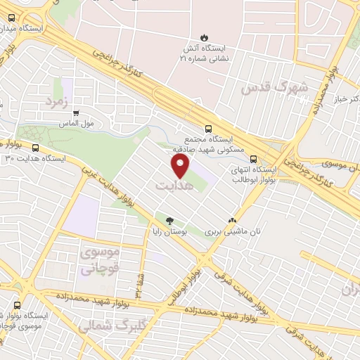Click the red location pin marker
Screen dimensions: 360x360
[181, 167]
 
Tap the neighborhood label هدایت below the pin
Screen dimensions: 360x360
[172, 186]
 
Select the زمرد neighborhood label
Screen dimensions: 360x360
[60, 101]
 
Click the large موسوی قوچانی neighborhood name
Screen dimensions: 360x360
[101, 260]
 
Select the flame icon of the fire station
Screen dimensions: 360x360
[203, 37]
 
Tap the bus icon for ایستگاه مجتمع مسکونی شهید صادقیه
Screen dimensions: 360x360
[207, 129]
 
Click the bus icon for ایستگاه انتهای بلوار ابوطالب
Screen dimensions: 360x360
[254, 159]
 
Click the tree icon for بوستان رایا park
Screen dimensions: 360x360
[169, 220]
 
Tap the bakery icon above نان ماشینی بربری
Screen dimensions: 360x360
[232, 220]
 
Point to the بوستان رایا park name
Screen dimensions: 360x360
[169, 231]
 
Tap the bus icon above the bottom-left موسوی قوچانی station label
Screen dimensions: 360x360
[17, 305]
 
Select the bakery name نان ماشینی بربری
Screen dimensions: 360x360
[231, 231]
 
